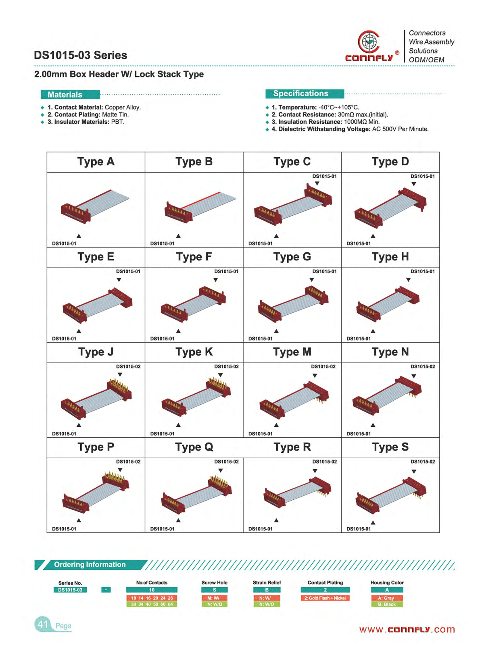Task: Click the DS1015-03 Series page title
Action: [x=80, y=55]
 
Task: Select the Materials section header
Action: [x=70, y=94]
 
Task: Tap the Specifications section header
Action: [x=305, y=94]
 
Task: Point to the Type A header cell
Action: [x=96, y=162]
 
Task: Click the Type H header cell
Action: [x=390, y=257]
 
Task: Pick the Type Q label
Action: [x=194, y=447]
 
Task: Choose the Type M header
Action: [x=292, y=352]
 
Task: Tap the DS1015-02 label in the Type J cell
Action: [x=128, y=366]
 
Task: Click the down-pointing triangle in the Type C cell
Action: [x=317, y=183]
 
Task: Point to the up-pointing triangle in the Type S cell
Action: [x=373, y=523]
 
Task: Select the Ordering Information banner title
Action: [x=90, y=565]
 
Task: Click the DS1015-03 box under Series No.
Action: [x=70, y=590]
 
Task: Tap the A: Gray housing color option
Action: [x=387, y=598]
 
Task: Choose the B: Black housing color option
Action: [x=387, y=604]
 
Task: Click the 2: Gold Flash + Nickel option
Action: [x=325, y=598]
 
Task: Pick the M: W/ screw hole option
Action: [x=215, y=598]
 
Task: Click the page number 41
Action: [x=43, y=624]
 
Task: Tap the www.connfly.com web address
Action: [x=407, y=630]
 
